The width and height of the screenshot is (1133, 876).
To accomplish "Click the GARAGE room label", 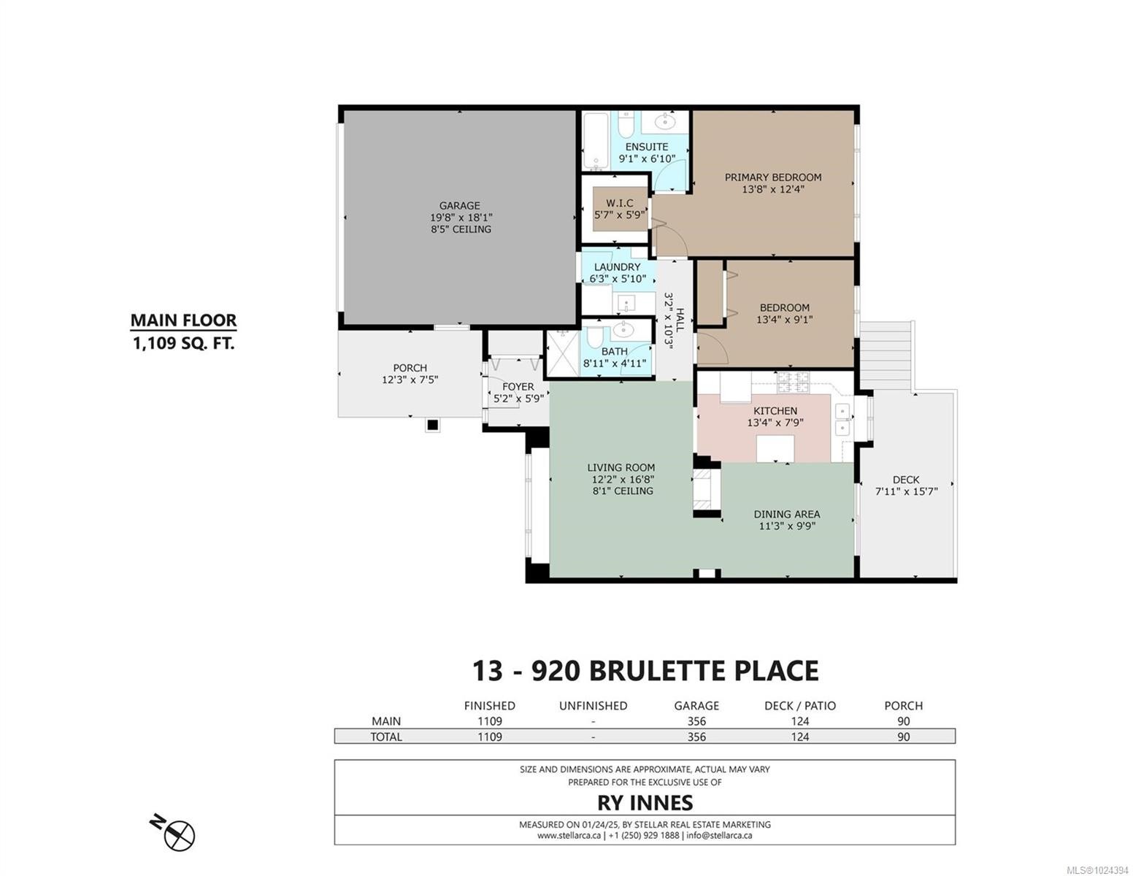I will (460, 206).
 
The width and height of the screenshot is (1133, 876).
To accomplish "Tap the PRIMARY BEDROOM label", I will (772, 177).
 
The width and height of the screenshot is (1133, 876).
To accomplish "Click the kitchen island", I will (775, 447).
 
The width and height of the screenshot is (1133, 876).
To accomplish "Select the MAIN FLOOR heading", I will (183, 320).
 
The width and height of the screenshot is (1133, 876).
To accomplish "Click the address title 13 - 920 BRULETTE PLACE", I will (645, 670).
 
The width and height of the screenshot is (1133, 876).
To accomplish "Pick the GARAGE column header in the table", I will (696, 706).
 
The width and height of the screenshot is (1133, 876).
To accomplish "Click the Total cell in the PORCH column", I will (903, 737).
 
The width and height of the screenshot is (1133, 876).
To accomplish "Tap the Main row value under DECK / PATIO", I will (799, 721).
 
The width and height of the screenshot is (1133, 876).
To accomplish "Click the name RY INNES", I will (645, 803).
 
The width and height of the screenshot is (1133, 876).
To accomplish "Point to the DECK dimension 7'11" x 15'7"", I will (906, 492).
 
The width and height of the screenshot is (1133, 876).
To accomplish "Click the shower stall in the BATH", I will (563, 353).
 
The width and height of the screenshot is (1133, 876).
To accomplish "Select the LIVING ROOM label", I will (621, 468).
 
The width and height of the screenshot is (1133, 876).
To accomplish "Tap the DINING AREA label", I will (786, 514).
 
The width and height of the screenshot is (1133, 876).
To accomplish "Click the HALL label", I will (680, 319).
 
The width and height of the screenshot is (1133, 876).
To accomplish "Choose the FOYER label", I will (518, 387).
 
